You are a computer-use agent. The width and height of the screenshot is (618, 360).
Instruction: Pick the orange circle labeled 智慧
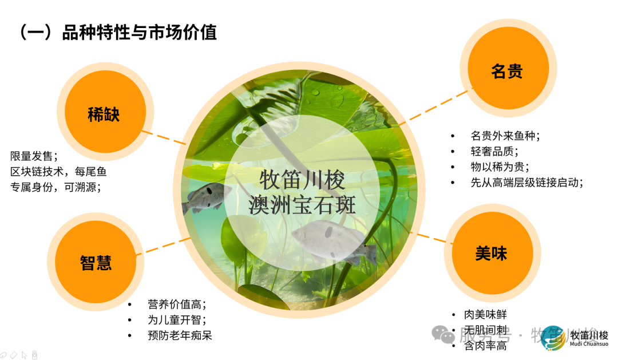(96, 263)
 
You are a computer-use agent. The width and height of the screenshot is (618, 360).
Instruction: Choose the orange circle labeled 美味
(491, 254)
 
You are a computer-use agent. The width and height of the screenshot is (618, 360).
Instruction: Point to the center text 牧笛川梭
(302, 180)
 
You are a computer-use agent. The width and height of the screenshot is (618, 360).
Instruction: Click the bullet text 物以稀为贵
(500, 167)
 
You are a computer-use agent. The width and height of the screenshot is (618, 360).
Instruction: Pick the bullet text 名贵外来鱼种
(505, 136)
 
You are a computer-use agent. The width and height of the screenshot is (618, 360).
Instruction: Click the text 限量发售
(34, 156)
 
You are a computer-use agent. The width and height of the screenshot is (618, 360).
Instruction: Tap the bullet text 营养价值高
(176, 304)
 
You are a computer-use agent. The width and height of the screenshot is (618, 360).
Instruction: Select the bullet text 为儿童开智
(176, 320)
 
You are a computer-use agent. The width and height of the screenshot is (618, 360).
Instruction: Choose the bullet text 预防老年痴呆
(180, 335)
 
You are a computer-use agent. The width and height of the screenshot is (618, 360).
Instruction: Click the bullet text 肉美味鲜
(485, 315)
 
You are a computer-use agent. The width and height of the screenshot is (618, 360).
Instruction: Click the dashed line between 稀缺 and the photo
(164, 137)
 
